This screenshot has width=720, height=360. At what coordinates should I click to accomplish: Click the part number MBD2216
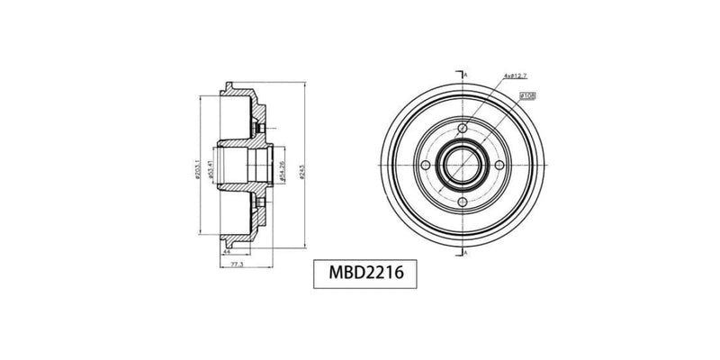point(358,273)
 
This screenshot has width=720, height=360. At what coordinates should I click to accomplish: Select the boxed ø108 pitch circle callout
point(528,94)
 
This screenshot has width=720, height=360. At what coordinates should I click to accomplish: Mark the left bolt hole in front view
point(422,165)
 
